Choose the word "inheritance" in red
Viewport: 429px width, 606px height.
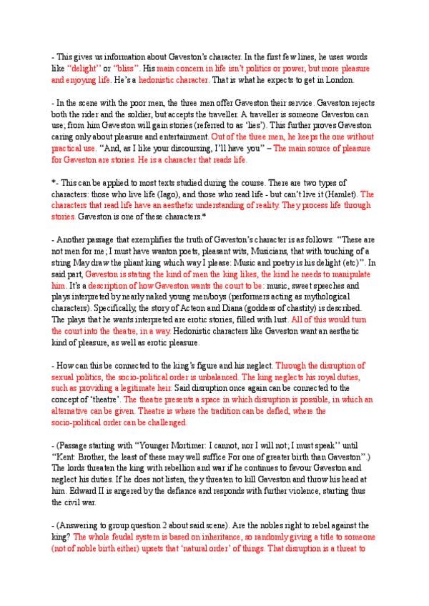click(208, 535)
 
